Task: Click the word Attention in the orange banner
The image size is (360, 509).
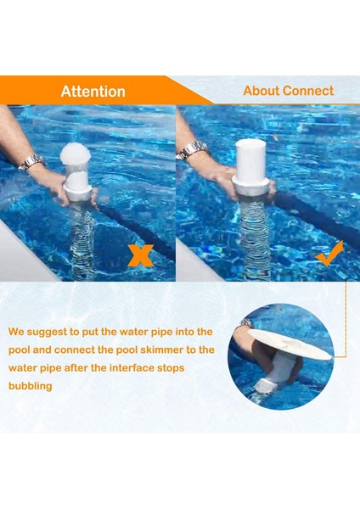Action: coord(93,92)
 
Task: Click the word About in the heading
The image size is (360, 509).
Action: coord(262,91)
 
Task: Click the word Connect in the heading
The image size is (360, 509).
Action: coord(308,91)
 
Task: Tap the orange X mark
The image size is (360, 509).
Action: coord(140,255)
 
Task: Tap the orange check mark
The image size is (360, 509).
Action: coord(329,254)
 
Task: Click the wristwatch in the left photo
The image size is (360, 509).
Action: coord(31,162)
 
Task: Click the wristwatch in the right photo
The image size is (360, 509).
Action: coord(192,150)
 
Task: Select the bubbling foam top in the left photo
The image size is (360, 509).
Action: coord(75,154)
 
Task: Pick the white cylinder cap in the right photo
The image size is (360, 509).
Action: coord(250,160)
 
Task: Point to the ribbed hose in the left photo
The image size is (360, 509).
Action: coord(82,240)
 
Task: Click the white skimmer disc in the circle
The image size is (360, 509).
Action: coord(290,344)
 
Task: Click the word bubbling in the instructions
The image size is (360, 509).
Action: coord(31,386)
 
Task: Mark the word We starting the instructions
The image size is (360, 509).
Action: coord(16,332)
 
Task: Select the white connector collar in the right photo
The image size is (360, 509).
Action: coord(250,187)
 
